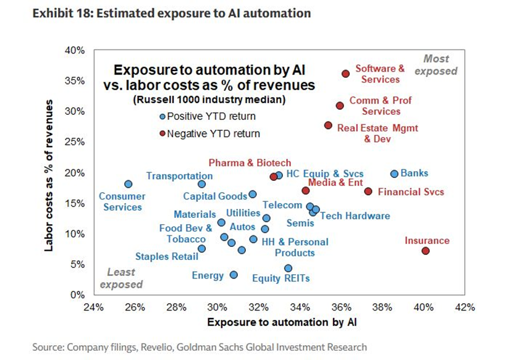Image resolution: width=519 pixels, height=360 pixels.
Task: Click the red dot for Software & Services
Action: pyautogui.click(x=346, y=73)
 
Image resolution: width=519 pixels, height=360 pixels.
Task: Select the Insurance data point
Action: pyautogui.click(x=425, y=251)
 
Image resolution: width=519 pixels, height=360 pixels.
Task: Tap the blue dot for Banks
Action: pyautogui.click(x=394, y=174)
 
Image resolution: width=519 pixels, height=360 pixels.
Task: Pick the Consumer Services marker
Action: pyautogui.click(x=128, y=184)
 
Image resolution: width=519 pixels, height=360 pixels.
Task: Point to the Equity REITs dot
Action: pyautogui.click(x=288, y=268)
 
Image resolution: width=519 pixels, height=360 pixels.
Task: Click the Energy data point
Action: pyautogui.click(x=234, y=275)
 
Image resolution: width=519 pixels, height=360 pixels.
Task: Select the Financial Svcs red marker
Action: pyautogui.click(x=368, y=191)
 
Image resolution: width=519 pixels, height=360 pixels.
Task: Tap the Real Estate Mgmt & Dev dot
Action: pyautogui.click(x=328, y=125)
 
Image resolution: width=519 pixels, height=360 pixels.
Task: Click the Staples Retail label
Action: pyautogui.click(x=167, y=257)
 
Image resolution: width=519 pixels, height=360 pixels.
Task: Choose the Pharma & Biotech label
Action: pyautogui.click(x=250, y=162)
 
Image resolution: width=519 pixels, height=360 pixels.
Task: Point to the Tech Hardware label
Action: pyautogui.click(x=355, y=216)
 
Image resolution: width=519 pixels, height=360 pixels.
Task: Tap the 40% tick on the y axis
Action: pyautogui.click(x=74, y=50)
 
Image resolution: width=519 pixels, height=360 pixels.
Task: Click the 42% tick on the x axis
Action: pyautogui.click(x=465, y=308)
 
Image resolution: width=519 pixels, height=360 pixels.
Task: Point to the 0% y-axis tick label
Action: pyautogui.click(x=77, y=295)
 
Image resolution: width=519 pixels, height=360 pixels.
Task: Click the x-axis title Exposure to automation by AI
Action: pyautogui.click(x=282, y=322)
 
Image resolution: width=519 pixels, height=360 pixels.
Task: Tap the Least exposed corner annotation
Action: pyautogui.click(x=121, y=278)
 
